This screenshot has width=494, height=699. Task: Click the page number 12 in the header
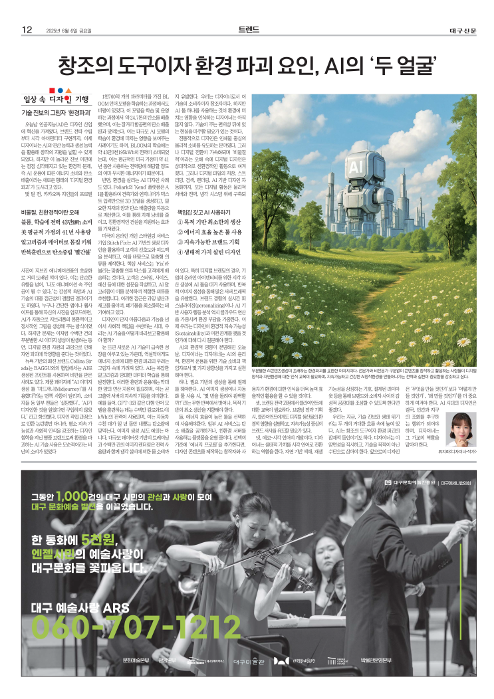pyautogui.click(x=27, y=29)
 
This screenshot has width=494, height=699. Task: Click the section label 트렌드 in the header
pyautogui.click(x=247, y=29)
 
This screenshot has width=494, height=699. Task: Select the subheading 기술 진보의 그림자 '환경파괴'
pyautogui.click(x=54, y=112)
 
